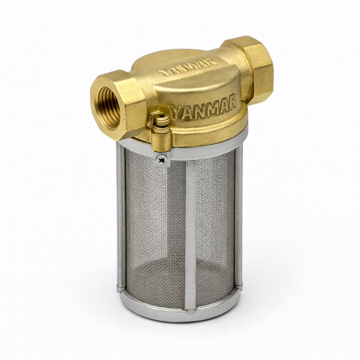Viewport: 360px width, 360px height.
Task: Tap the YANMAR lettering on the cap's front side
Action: point(204,107)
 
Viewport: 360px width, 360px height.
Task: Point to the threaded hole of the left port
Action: point(109,106)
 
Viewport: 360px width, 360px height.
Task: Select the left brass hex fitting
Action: point(118,104)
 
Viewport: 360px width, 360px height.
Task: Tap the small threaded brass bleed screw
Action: point(162,120)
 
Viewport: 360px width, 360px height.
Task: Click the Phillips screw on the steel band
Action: point(162,159)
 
